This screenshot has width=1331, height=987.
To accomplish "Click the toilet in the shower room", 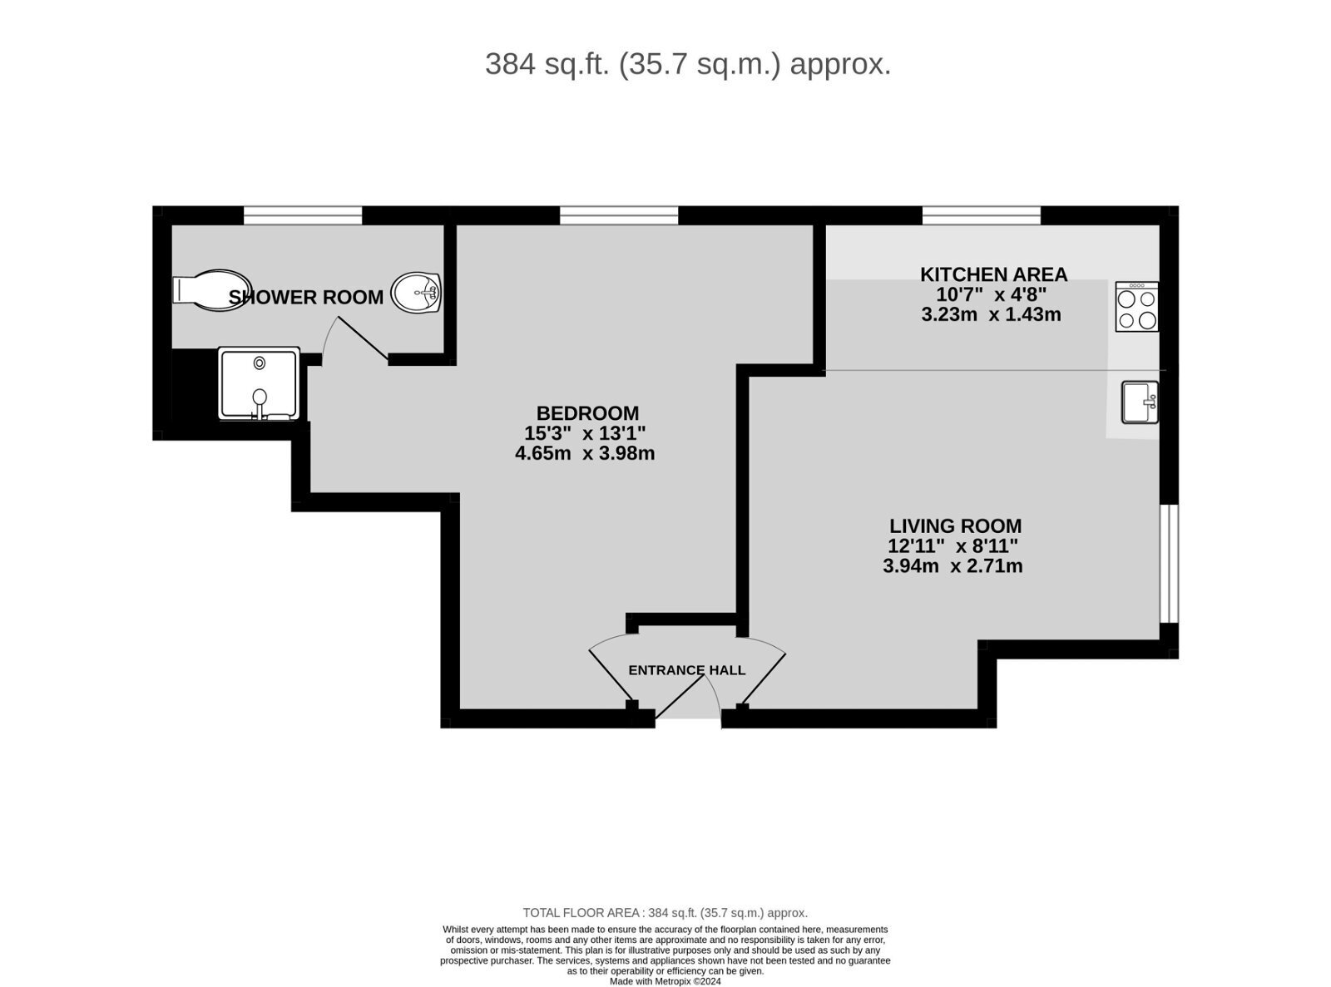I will (x=210, y=290).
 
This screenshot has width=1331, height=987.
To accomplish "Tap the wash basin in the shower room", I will (x=416, y=293).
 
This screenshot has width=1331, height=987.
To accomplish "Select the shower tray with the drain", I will (x=259, y=383).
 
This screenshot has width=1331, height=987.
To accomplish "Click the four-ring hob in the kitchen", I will (x=1137, y=308).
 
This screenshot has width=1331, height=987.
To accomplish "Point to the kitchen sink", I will (x=1140, y=402).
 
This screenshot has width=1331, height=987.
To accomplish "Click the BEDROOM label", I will (x=587, y=413).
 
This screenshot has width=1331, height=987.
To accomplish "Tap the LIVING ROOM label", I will (x=955, y=526).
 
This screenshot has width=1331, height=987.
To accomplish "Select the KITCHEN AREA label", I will (x=993, y=274).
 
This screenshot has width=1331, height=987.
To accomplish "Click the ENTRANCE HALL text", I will (x=686, y=670).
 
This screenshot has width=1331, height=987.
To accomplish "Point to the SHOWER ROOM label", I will (x=306, y=298).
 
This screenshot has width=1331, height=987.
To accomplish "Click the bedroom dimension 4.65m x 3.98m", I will (x=585, y=454).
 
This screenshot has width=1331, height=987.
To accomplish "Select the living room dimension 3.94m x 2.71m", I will (x=952, y=567).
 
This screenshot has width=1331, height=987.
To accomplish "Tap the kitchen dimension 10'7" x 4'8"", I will (x=991, y=294).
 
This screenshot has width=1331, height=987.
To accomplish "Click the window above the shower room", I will (x=303, y=216).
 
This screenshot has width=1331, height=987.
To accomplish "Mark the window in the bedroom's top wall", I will (x=619, y=216).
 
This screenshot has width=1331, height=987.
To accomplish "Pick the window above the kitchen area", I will (x=982, y=216).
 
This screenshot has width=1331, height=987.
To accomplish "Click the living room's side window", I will (x=1169, y=563).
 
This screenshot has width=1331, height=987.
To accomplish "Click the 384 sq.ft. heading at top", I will (x=688, y=64).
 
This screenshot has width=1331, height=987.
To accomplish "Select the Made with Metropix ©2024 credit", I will (x=665, y=981).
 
